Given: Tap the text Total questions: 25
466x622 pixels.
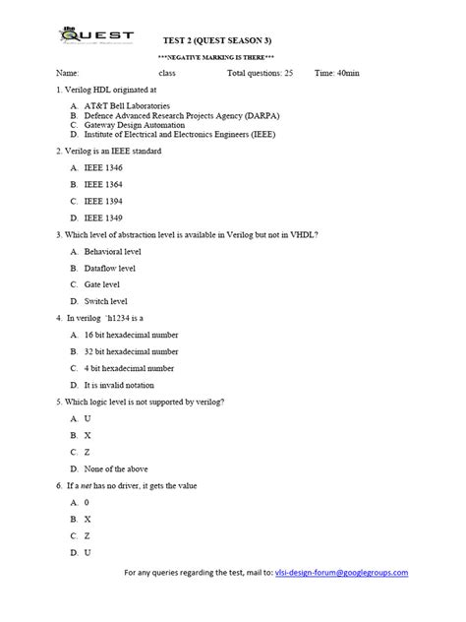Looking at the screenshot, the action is pos(260,74).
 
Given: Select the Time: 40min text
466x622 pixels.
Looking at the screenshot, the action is pos(339,74).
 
